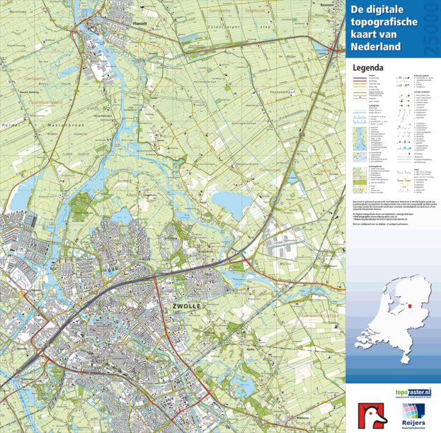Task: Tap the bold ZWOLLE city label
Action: (x=186, y=305)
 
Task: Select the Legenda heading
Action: (x=367, y=68)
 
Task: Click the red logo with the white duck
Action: (x=372, y=415)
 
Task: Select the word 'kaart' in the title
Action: (x=362, y=36)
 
